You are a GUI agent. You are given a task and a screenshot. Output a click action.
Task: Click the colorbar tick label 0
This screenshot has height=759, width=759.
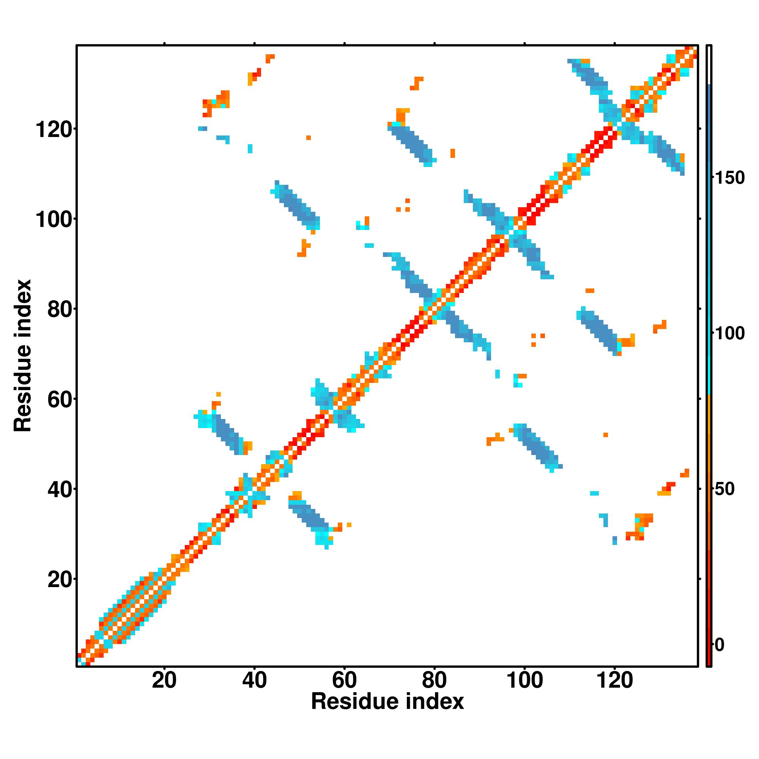(719, 645)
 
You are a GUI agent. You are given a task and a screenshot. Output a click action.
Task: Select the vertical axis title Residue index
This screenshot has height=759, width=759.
(22, 356)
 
